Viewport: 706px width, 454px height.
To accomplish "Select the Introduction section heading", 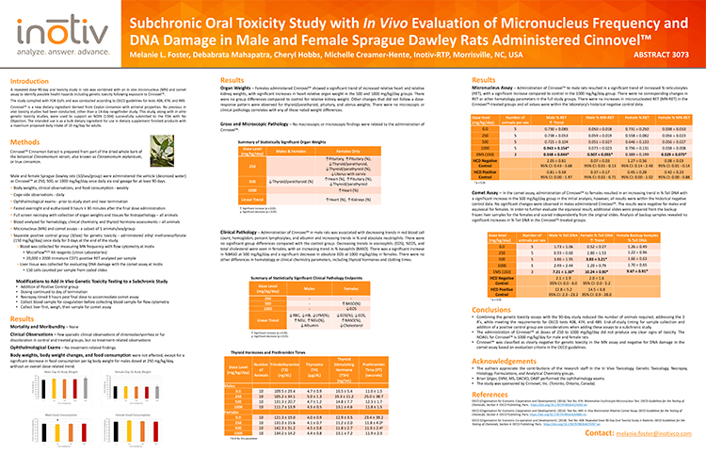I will (x=32, y=83).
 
